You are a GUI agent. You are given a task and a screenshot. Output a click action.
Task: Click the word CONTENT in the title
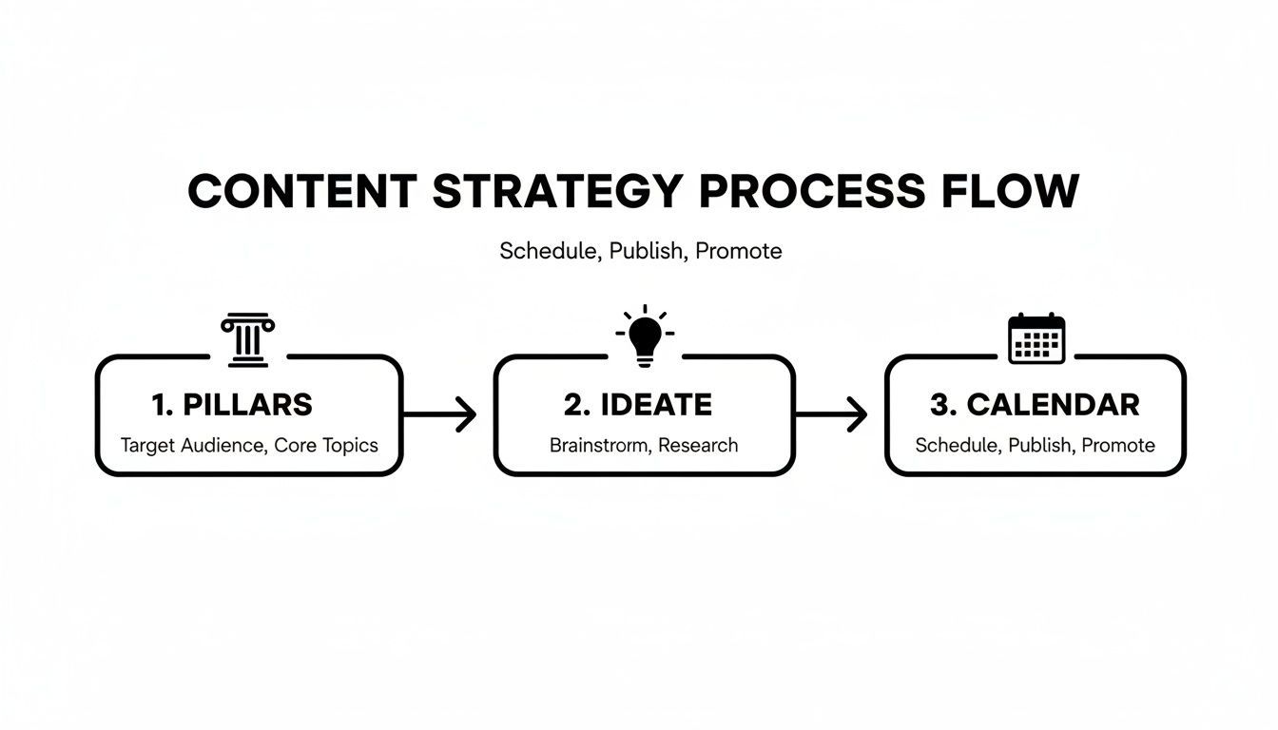(301, 192)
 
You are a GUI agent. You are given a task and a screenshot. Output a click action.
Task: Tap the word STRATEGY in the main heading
(556, 192)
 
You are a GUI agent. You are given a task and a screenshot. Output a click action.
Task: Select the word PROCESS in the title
(811, 192)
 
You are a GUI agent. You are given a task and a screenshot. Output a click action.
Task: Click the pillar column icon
(248, 339)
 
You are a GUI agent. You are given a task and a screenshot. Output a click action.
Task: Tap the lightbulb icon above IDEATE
(645, 337)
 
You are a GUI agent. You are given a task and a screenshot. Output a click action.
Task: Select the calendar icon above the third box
(1036, 338)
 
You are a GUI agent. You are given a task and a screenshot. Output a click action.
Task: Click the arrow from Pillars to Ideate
(439, 414)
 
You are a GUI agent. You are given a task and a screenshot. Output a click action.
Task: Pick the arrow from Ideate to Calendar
(831, 414)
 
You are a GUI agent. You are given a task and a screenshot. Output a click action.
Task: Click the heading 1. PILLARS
(232, 405)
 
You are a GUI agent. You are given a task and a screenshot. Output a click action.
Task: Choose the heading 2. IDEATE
(637, 405)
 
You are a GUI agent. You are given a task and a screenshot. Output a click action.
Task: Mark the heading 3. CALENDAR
(1035, 405)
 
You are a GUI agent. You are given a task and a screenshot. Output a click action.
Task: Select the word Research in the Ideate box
(698, 445)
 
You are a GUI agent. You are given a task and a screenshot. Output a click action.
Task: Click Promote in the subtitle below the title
(739, 251)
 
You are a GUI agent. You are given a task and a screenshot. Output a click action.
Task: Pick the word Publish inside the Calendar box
(1039, 445)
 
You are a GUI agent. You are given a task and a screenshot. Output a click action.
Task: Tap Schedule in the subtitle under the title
(548, 251)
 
